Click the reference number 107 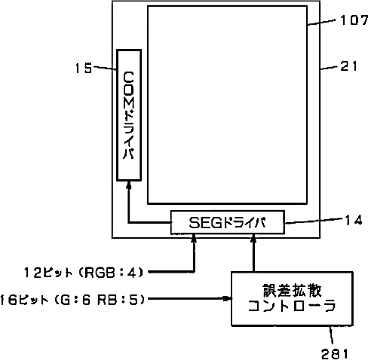tap(354, 20)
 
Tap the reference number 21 tap(348, 66)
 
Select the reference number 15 tap(84, 68)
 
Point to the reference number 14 tap(354, 220)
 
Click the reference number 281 tap(335, 354)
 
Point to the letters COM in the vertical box tap(129, 90)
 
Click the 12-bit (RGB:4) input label tap(84, 273)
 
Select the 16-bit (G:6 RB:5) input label tap(72, 300)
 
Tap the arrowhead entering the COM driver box tap(129, 185)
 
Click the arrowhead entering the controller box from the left tap(227, 298)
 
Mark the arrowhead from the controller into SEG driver tap(253, 238)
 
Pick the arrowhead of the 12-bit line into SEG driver tap(194, 238)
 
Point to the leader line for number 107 tap(321, 22)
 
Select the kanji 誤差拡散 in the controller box tap(292, 291)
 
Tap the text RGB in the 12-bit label tap(100, 273)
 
